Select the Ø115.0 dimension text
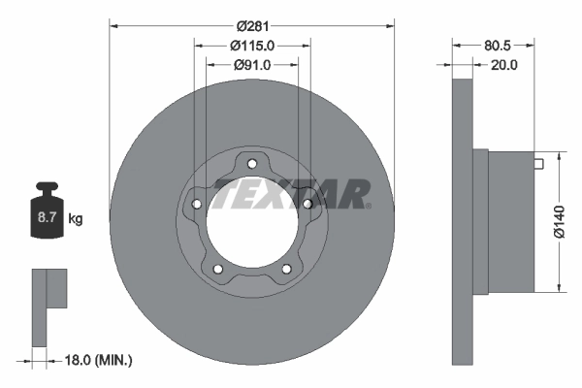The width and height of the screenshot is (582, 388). pos(252,45)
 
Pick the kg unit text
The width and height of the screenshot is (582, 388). pos(75,219)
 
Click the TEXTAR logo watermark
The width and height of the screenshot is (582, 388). pos(291,194)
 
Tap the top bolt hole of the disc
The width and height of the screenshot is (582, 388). pos(252,163)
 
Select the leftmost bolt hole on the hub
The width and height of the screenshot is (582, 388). pos(197,204)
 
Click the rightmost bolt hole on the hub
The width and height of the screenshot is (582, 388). pos(307,204)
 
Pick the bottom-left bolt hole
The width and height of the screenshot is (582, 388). pos(218,269)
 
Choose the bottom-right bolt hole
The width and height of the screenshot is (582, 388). pos(286,269)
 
